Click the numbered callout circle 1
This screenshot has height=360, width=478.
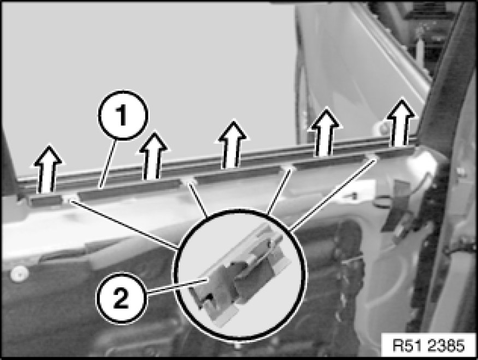point(123,115)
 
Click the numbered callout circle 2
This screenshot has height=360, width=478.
point(121,298)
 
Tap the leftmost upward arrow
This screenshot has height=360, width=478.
point(48,169)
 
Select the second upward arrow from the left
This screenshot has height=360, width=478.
point(154,156)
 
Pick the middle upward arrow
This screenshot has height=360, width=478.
point(233,144)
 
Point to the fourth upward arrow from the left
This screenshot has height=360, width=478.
point(325,132)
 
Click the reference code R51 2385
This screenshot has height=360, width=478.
point(429,346)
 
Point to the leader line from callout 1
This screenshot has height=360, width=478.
point(108,163)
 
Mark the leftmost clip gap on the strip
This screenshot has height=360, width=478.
point(70,198)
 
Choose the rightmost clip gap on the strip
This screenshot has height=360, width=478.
point(372,156)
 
